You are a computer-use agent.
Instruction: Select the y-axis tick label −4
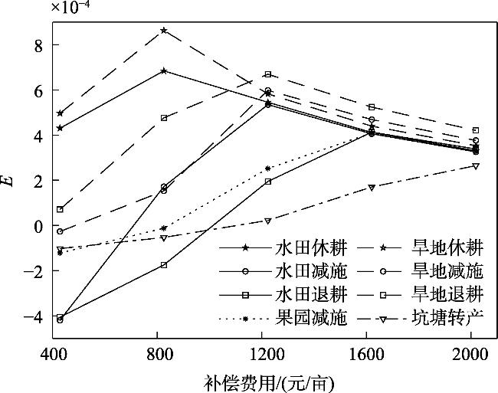tap(30, 316)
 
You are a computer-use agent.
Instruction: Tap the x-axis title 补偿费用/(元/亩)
tap(269, 382)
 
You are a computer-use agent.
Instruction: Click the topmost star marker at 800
tap(164, 31)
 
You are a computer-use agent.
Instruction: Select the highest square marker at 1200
tap(267, 74)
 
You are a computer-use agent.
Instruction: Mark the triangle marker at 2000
tap(476, 165)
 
